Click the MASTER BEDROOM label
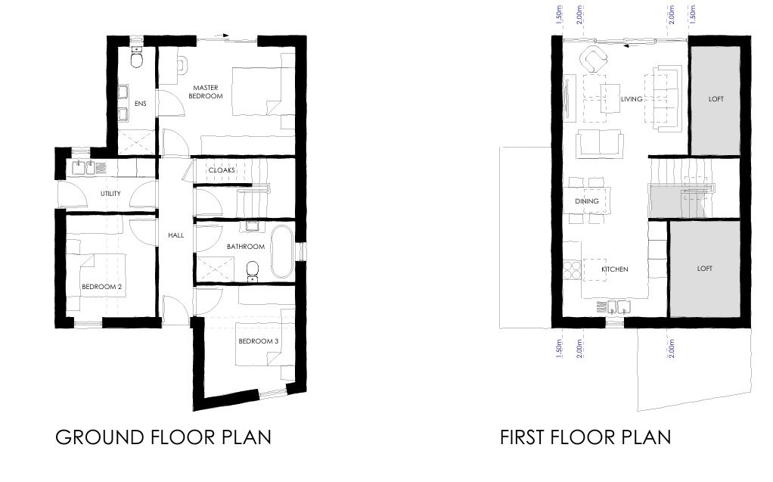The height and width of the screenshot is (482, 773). [205, 92]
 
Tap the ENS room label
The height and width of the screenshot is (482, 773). [141, 104]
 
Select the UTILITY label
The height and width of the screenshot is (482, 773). [110, 194]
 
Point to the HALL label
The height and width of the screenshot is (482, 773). [175, 235]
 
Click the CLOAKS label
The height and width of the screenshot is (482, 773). [222, 170]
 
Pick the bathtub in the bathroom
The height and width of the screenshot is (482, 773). [281, 252]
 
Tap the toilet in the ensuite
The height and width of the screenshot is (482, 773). [137, 58]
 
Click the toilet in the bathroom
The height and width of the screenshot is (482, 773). [253, 269]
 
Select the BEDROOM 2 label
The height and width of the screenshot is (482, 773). [101, 287]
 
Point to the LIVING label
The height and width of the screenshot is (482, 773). [632, 99]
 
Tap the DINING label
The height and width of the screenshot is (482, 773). [587, 201]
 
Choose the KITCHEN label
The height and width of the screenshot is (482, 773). [615, 269]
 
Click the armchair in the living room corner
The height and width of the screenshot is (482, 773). [593, 59]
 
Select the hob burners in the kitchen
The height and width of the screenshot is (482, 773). [572, 270]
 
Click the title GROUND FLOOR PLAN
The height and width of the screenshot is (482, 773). [163, 437]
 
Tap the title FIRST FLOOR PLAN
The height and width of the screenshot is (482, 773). [585, 437]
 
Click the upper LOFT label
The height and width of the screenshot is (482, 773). [716, 99]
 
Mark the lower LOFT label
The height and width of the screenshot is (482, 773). [704, 269]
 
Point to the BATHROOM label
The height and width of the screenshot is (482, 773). [246, 247]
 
